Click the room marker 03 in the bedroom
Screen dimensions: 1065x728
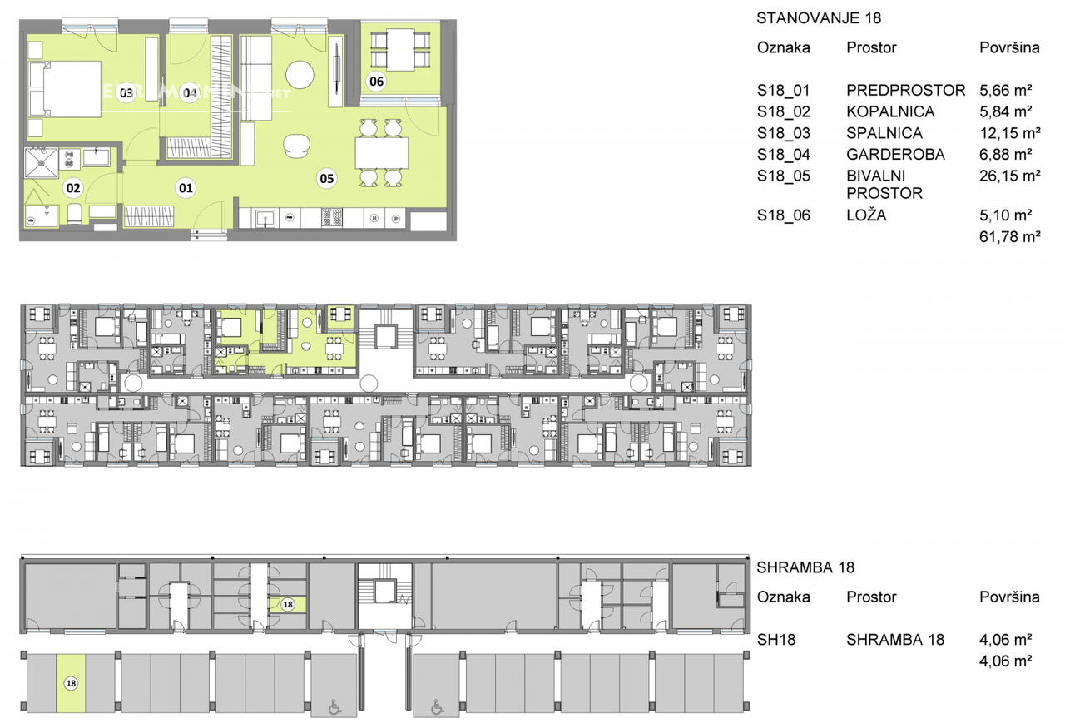126,92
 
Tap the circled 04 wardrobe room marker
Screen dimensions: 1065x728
190,92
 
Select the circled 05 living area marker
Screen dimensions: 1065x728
327,178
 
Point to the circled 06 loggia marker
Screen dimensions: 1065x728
377,82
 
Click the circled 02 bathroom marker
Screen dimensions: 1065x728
73,188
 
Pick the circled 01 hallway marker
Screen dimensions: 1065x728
186,188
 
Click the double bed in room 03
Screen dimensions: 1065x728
66,89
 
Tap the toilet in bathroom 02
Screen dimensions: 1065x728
75,214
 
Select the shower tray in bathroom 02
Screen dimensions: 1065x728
41,163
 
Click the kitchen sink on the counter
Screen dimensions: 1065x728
264,218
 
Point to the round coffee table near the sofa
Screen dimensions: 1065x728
300,74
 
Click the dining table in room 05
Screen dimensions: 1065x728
382,152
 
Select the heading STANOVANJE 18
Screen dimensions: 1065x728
819,18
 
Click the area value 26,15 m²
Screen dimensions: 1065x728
1010,176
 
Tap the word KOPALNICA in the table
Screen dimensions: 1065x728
890,111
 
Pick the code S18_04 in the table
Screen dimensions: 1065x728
784,155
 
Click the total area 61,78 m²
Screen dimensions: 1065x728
1010,236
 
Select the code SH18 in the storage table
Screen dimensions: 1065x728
776,640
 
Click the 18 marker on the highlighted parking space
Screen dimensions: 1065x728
71,683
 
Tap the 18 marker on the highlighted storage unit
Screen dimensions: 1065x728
288,604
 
